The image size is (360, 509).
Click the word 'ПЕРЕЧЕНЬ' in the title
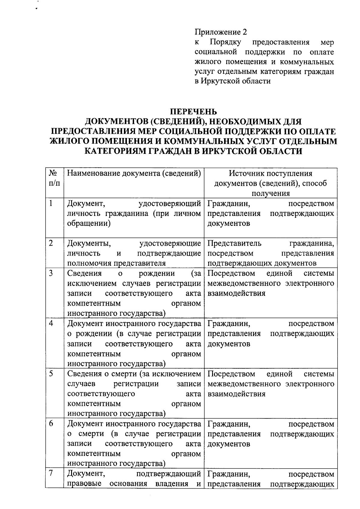193,112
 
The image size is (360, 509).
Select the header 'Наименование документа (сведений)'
133,173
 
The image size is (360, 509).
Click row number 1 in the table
51,203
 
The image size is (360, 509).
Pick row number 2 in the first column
51,243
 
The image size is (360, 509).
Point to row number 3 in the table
51,273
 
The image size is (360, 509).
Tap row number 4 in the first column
51,323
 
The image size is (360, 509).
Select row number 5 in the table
51,374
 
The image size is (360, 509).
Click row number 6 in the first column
51,424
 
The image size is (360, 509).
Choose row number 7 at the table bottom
51,473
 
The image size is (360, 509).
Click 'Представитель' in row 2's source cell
234,243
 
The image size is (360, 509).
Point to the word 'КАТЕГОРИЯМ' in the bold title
114,151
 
